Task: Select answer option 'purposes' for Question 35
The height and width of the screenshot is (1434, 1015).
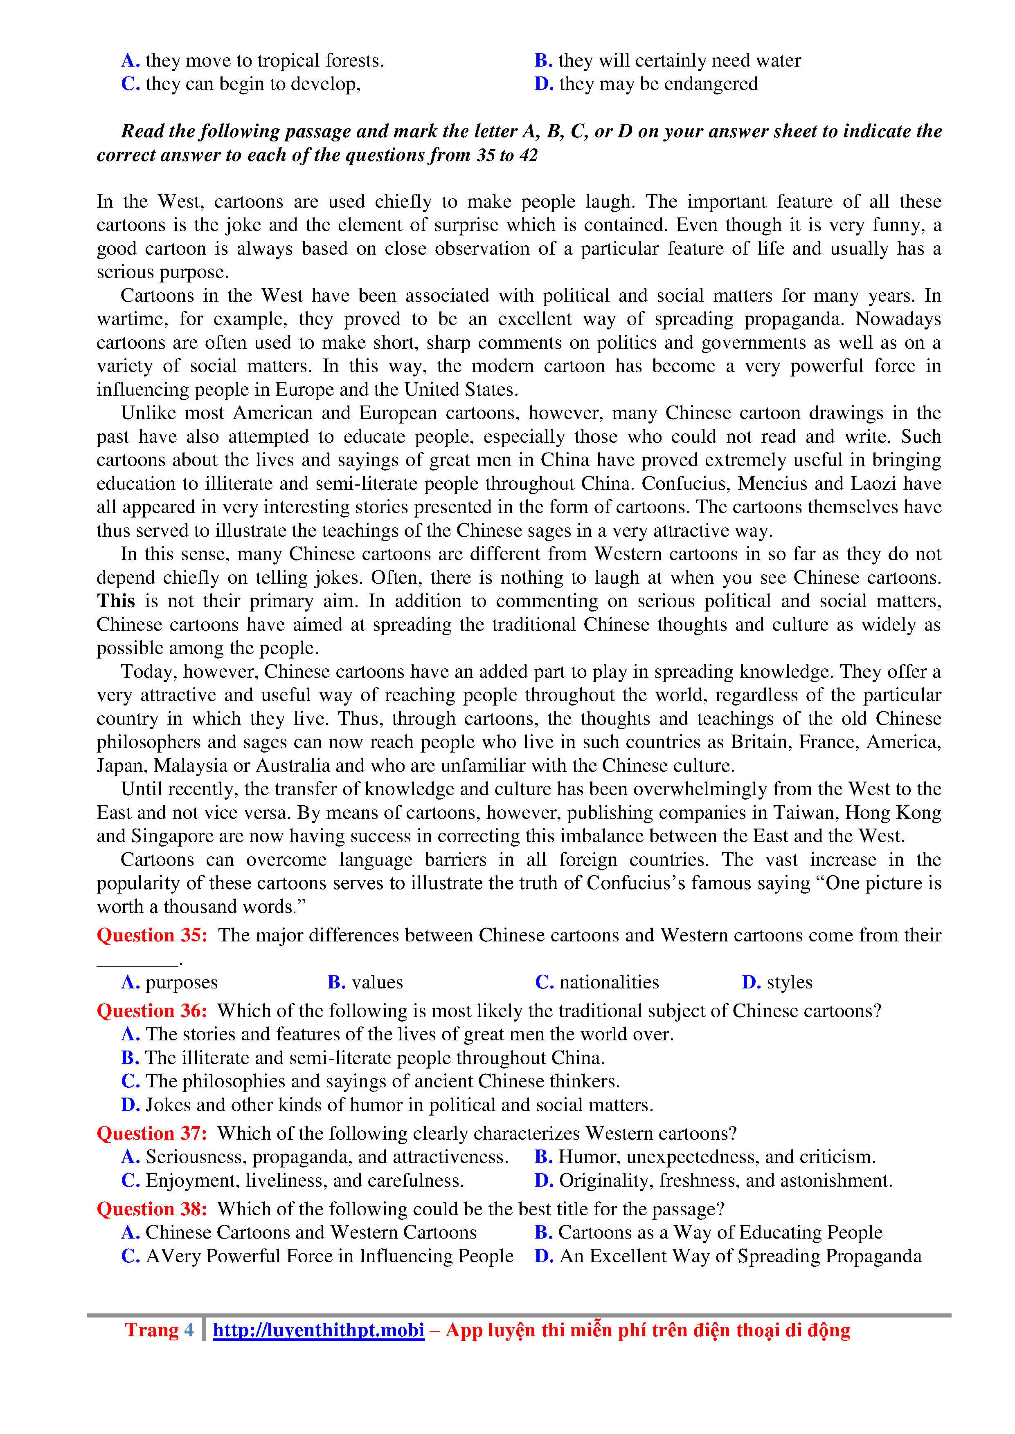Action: [x=181, y=982]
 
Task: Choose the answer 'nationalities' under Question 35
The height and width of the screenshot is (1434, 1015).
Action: [x=609, y=982]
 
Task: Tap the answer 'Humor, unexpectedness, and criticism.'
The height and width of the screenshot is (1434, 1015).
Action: [x=716, y=1157]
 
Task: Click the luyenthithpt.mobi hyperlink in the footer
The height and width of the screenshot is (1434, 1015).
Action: [x=318, y=1330]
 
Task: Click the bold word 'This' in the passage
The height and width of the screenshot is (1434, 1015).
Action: [x=116, y=601]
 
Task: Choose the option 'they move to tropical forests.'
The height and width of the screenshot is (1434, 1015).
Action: [x=264, y=60]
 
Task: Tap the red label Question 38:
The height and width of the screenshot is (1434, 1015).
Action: [x=152, y=1209]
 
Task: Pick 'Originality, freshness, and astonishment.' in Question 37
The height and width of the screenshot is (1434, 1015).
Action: [x=725, y=1181]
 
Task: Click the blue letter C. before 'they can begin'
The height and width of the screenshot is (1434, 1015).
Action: [x=130, y=84]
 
